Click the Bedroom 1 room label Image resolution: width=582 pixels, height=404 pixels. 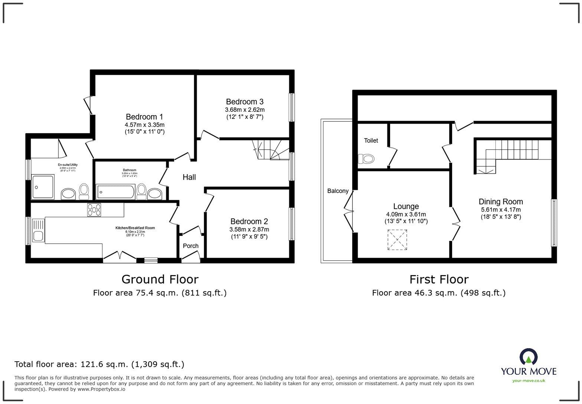pyautogui.click(x=144, y=117)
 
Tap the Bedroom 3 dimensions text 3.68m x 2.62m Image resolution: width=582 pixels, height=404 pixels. pyautogui.click(x=245, y=110)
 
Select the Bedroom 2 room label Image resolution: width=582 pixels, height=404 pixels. pyautogui.click(x=249, y=221)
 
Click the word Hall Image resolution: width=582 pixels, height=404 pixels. pyautogui.click(x=189, y=177)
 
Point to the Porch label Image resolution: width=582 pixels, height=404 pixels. pyautogui.click(x=190, y=246)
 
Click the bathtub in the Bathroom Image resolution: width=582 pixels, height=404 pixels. pyautogui.click(x=115, y=192)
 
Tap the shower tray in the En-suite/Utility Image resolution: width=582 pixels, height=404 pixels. pyautogui.click(x=43, y=187)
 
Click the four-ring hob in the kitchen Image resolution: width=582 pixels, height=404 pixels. pyautogui.click(x=94, y=210)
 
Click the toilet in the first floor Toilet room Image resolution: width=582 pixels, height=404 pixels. pyautogui.click(x=366, y=159)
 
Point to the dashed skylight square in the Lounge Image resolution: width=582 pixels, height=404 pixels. pyautogui.click(x=397, y=240)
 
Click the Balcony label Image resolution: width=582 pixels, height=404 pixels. pyautogui.click(x=338, y=191)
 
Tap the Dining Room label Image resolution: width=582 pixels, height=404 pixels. pyautogui.click(x=500, y=202)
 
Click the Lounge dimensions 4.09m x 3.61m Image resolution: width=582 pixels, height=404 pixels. pyautogui.click(x=406, y=214)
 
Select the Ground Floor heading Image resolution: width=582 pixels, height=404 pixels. pyautogui.click(x=160, y=279)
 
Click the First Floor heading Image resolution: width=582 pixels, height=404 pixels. pyautogui.click(x=439, y=279)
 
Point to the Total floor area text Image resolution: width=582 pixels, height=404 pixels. pyautogui.click(x=99, y=364)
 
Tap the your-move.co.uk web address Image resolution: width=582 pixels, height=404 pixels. pyautogui.click(x=529, y=380)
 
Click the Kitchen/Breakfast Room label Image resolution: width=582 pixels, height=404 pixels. pyautogui.click(x=135, y=228)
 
